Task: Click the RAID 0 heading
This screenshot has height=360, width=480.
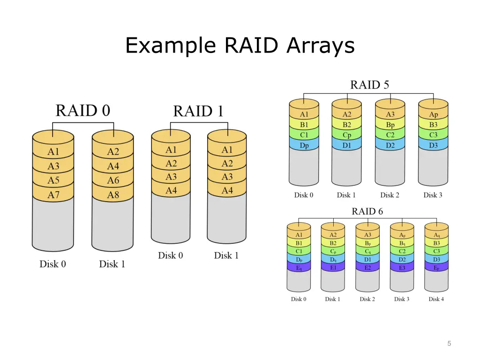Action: pos(82,111)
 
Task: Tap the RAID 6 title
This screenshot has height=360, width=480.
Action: pos(367,211)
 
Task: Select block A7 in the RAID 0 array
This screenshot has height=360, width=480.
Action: pos(53,195)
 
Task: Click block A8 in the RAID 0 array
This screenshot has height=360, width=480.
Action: pos(112,195)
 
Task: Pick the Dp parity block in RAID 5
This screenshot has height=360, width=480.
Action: pos(304,145)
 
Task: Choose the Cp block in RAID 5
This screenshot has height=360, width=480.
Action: pos(347,135)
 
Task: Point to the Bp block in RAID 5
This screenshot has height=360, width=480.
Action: pos(390,125)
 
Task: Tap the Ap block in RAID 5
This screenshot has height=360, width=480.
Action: pos(433,114)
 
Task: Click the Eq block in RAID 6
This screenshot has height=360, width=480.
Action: pos(299,268)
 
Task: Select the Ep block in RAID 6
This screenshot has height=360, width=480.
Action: pos(436,268)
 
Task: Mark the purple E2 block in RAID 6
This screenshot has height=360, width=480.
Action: pos(367,268)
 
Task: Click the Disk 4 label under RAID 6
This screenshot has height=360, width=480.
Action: pos(436,299)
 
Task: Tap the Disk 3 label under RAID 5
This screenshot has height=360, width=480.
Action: pos(433,195)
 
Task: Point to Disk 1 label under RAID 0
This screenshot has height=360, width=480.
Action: pos(112,264)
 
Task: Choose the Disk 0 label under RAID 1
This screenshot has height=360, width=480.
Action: pos(171,255)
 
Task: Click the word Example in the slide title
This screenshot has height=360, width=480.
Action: pos(171,45)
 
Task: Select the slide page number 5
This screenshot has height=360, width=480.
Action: pos(449,344)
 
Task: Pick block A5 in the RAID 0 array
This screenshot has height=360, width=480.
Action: pos(53,180)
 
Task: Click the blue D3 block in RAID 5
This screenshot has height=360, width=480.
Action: pos(433,145)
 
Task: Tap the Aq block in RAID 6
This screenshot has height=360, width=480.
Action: pos(436,235)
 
